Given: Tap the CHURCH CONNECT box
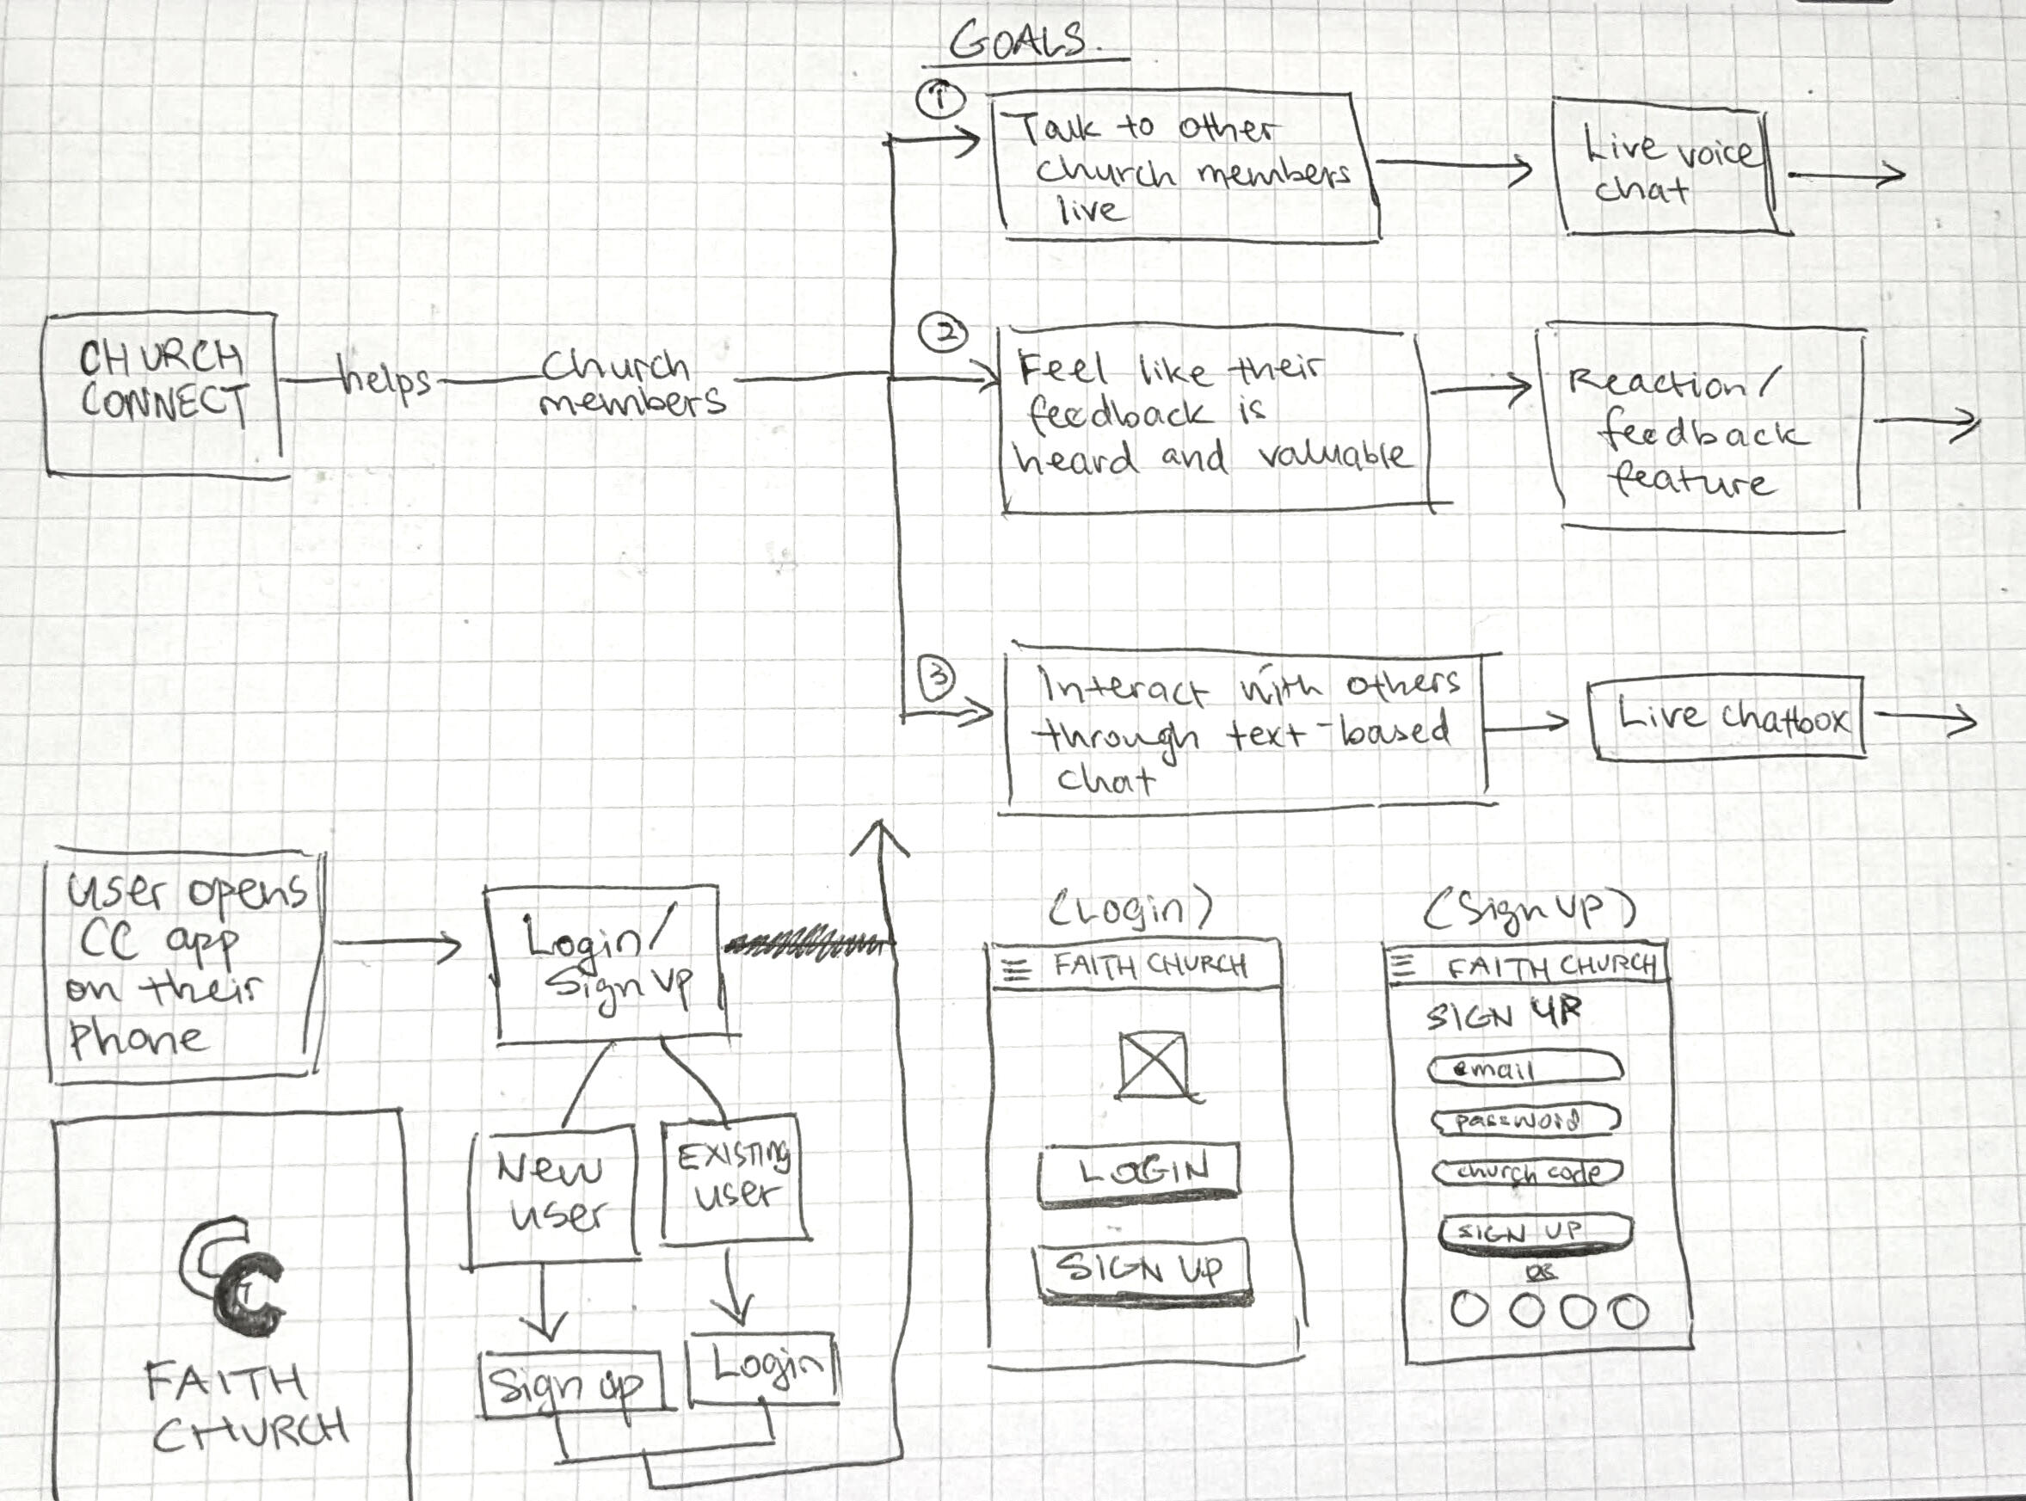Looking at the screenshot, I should click(163, 394).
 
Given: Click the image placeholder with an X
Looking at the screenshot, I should click(1153, 1064).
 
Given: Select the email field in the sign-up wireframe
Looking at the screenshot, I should click(1525, 1067).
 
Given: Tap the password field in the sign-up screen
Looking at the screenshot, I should click(1525, 1120).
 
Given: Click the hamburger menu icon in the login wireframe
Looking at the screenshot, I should click(1016, 971).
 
